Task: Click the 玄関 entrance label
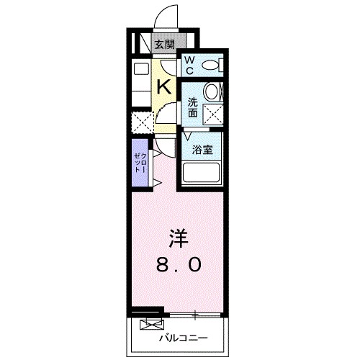click(x=165, y=45)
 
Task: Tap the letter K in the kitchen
click(x=164, y=87)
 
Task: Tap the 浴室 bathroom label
click(x=202, y=150)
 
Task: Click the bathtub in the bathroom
click(x=203, y=173)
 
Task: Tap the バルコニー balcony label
click(x=183, y=338)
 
